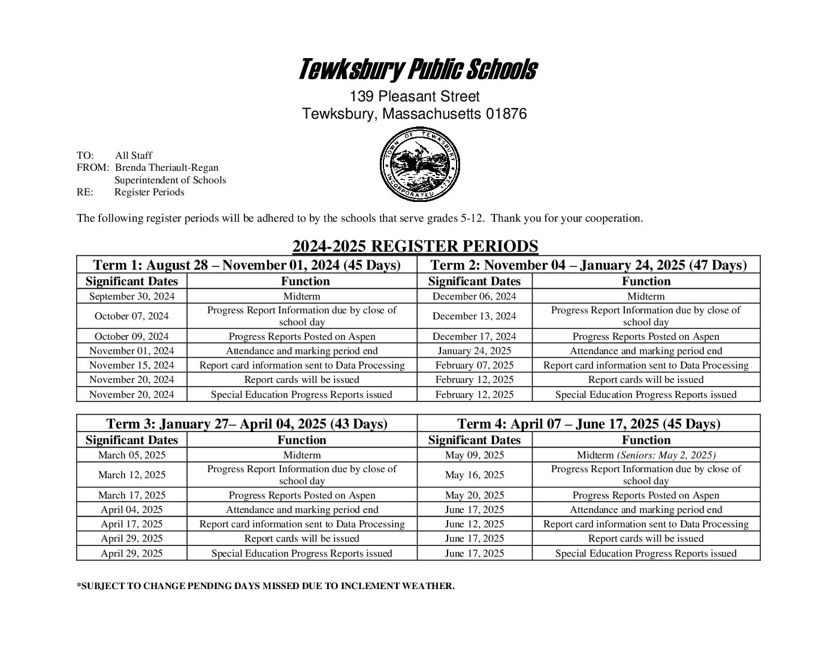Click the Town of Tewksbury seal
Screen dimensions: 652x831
419,166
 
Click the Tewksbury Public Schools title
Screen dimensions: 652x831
417,70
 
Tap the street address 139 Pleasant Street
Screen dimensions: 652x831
415,96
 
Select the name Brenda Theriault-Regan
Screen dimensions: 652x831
167,168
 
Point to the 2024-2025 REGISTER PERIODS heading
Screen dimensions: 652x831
415,246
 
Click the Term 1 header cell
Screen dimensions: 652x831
246,265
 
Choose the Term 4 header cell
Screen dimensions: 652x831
588,424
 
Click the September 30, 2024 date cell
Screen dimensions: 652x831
132,297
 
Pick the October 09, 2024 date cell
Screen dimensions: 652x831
132,337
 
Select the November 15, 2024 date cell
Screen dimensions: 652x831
132,366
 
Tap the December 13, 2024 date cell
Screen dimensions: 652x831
474,316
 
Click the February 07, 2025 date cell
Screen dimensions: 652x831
474,366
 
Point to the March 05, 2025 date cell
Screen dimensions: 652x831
132,455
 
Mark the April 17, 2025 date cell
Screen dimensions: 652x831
132,524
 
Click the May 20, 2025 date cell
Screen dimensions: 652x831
474,496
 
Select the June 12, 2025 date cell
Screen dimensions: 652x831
474,524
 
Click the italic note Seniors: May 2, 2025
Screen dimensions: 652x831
666,455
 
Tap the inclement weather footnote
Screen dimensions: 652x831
265,586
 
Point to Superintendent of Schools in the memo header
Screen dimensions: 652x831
170,180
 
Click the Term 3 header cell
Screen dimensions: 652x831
246,424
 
